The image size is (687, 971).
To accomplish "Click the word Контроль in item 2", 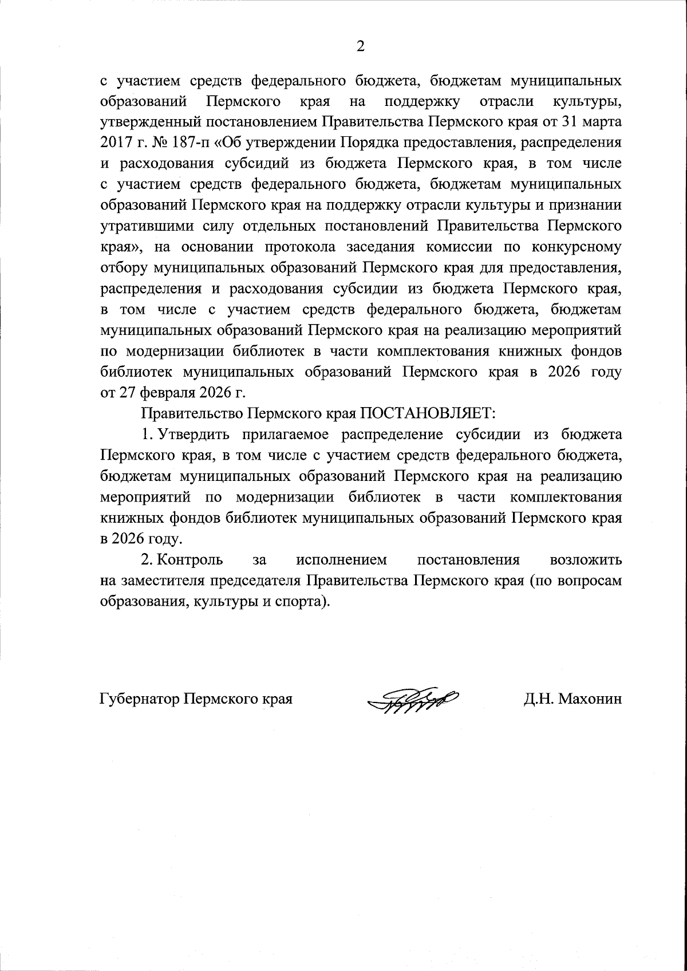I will [191, 559].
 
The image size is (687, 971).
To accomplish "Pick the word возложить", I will [586, 559].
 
